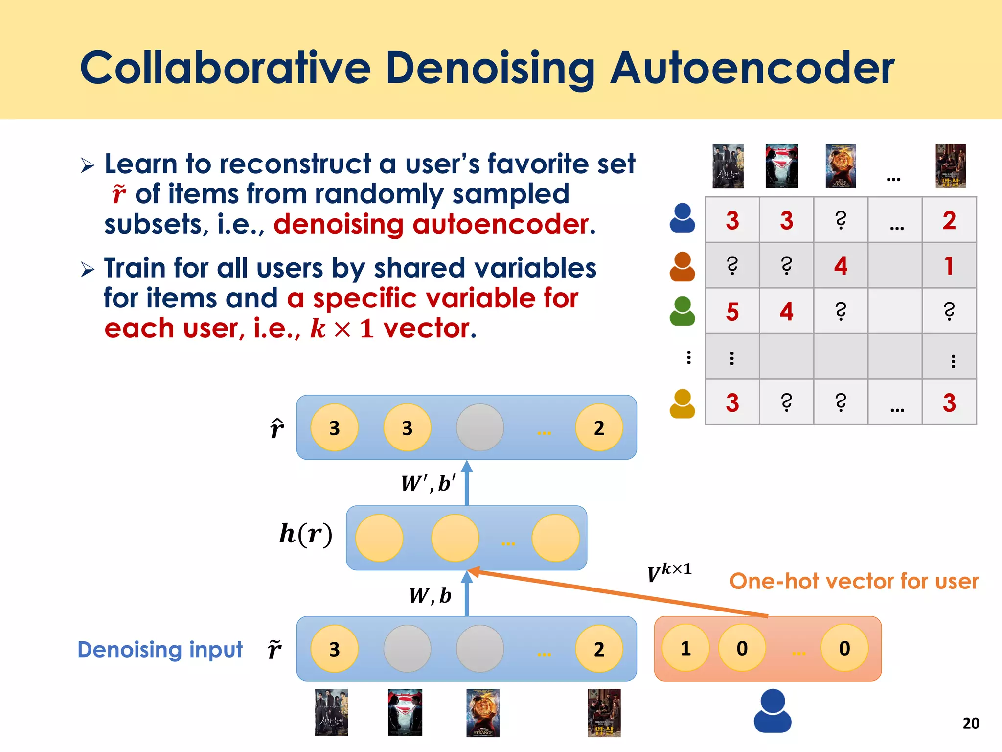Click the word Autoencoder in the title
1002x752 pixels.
pyautogui.click(x=752, y=69)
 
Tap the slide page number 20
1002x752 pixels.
pyautogui.click(x=971, y=723)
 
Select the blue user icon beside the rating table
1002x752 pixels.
pyautogui.click(x=682, y=218)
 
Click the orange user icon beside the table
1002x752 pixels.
pyautogui.click(x=682, y=267)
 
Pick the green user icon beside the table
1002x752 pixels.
pyautogui.click(x=682, y=311)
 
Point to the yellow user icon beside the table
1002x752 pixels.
pyautogui.click(x=682, y=404)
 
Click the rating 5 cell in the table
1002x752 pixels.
pyautogui.click(x=732, y=311)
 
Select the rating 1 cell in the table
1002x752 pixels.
pyautogui.click(x=949, y=266)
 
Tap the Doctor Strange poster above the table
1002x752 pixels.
pyautogui.click(x=841, y=166)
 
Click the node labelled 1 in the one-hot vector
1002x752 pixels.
pyautogui.click(x=685, y=648)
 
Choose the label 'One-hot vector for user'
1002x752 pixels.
pyautogui.click(x=854, y=582)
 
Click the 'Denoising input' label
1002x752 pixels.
pyautogui.click(x=160, y=650)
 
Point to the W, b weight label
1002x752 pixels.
pyautogui.click(x=430, y=596)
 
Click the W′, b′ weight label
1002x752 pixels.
pyautogui.click(x=428, y=484)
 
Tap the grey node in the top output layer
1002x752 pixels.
pyautogui.click(x=480, y=427)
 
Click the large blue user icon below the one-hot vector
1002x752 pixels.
pyautogui.click(x=773, y=711)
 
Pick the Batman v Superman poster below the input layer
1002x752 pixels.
pyautogui.click(x=405, y=712)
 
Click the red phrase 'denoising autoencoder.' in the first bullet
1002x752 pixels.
pyautogui.click(x=434, y=225)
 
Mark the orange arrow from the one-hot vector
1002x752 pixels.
pyautogui.click(x=616, y=593)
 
